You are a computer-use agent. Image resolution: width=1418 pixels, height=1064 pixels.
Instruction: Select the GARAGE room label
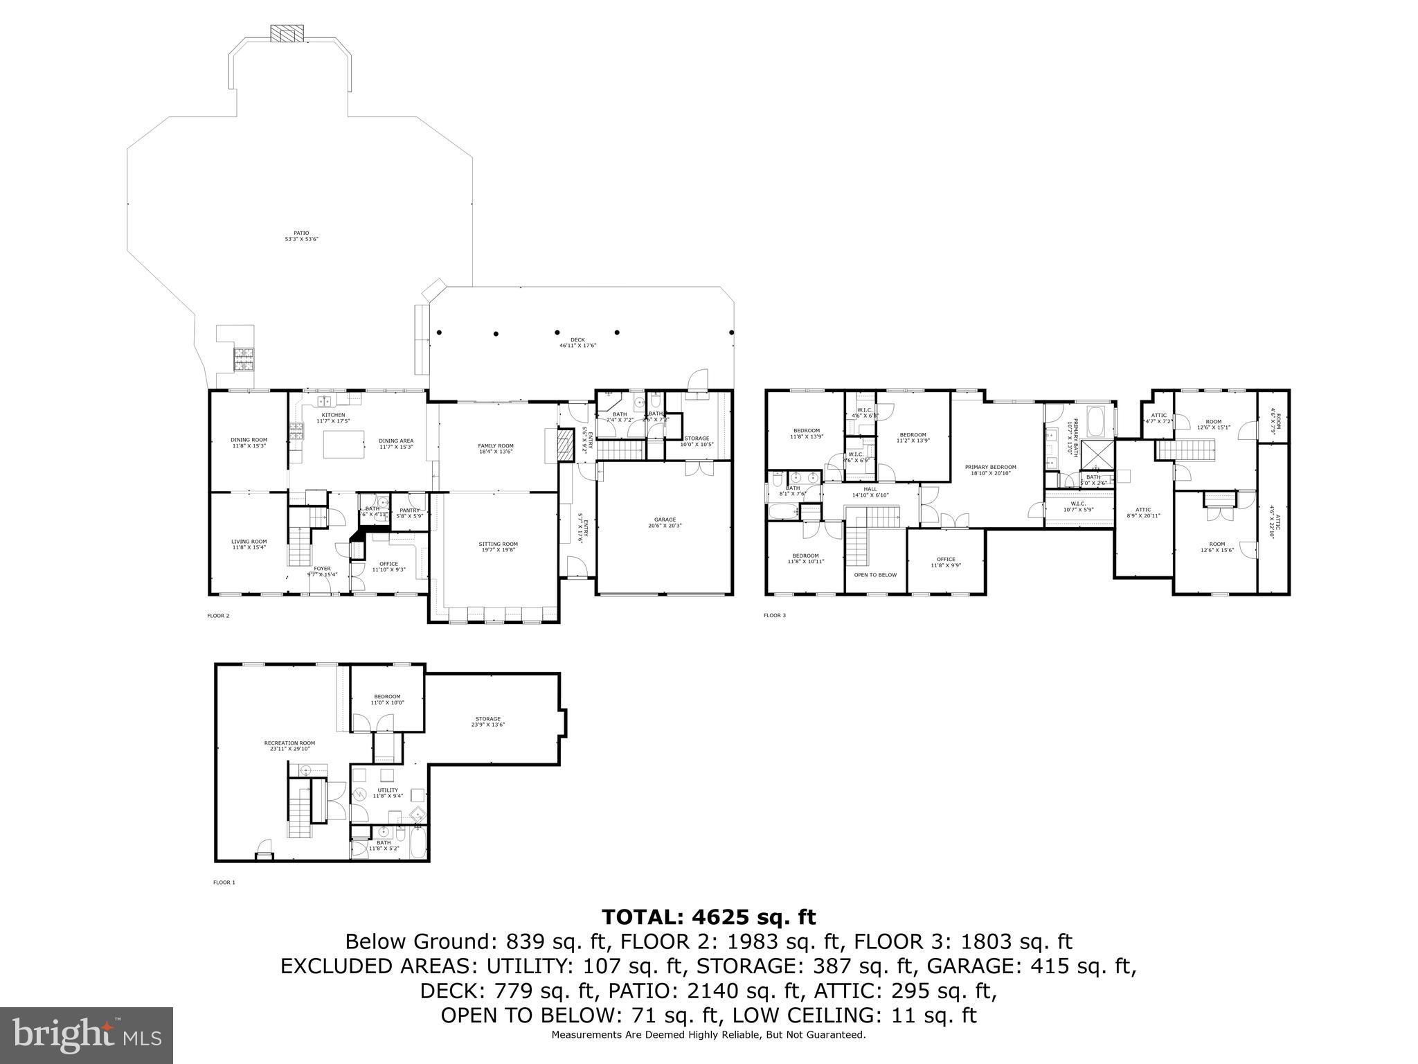click(665, 522)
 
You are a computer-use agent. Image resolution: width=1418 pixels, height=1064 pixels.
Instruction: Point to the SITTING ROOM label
click(498, 547)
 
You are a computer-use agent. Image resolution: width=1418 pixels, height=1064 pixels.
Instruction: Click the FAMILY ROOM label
click(496, 448)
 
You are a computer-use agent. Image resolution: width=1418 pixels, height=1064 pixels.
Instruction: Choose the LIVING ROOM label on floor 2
click(249, 544)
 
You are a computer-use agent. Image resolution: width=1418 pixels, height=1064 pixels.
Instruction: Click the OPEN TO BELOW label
click(875, 575)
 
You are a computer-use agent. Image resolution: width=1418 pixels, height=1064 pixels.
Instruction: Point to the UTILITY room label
click(388, 792)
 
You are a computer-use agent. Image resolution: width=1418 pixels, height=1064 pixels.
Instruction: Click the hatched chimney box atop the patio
click(287, 34)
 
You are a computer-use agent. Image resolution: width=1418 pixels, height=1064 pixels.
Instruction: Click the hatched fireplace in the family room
click(566, 445)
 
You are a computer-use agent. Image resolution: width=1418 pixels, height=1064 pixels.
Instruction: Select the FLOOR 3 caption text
click(775, 615)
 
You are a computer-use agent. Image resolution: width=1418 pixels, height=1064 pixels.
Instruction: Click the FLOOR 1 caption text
click(224, 883)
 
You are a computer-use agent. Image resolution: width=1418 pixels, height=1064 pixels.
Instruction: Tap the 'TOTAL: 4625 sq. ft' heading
click(708, 917)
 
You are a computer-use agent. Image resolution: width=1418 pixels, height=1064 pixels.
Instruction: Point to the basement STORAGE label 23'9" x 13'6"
click(487, 722)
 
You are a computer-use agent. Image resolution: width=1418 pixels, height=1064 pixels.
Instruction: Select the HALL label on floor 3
click(870, 492)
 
